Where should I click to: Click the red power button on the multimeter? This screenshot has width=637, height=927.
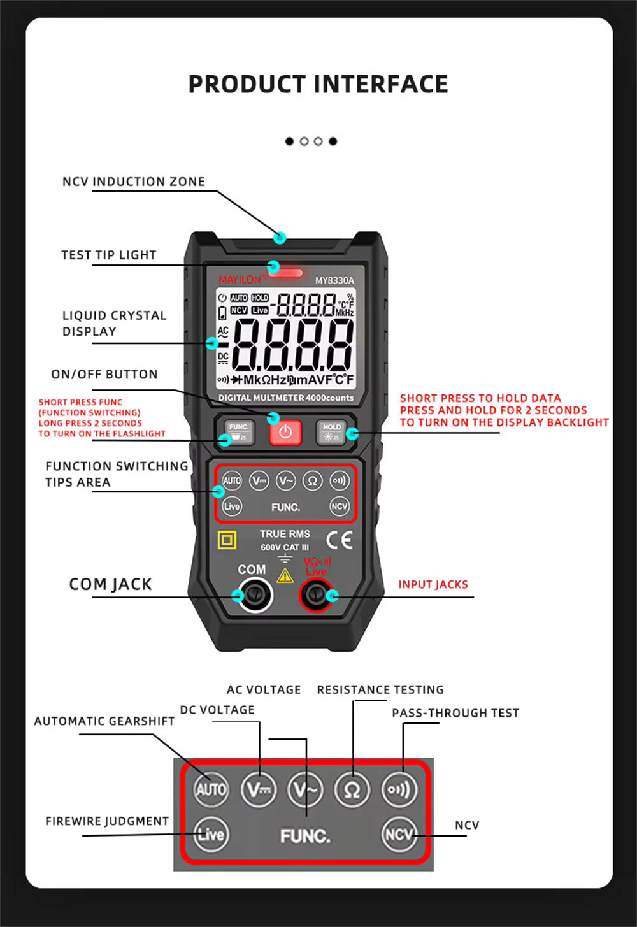tap(285, 432)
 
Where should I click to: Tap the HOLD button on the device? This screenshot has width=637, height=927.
tap(331, 432)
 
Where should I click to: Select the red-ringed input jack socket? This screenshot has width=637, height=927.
tap(315, 596)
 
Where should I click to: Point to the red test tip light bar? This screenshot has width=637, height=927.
tap(285, 273)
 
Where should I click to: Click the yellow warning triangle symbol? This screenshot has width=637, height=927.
tap(285, 575)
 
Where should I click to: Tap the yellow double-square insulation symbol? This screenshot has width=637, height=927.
tap(227, 540)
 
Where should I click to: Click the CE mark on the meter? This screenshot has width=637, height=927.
tap(339, 540)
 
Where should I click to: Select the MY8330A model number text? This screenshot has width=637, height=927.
tap(334, 280)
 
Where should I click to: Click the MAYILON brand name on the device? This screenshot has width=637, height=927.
tap(240, 280)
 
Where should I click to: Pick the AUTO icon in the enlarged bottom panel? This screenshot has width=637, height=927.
tap(211, 789)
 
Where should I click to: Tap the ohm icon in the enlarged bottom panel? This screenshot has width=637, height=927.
tap(352, 790)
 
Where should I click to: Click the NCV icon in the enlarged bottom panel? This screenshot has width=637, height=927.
tap(399, 834)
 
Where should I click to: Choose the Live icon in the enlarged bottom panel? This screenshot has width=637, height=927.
tap(211, 834)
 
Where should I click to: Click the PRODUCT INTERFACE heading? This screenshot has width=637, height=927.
tap(318, 84)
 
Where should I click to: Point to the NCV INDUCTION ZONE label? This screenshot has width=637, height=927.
tap(134, 182)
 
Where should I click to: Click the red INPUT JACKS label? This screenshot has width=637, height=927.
tap(433, 584)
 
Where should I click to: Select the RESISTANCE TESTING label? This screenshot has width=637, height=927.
tap(380, 689)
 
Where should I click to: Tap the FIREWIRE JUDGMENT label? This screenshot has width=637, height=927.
tap(107, 821)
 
